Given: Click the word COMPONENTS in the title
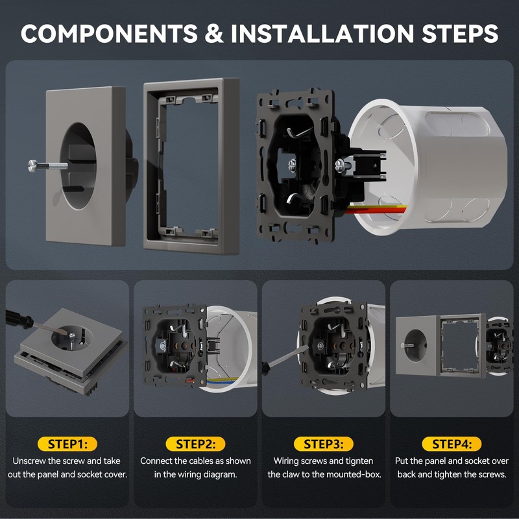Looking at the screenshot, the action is [109, 34].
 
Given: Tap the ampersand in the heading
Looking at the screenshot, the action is [214, 34].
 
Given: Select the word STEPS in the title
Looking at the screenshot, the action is [460, 34].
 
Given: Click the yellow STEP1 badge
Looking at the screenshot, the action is [67, 444].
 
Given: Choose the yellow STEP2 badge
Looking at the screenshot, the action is [195, 444].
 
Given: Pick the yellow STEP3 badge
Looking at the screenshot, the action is [323, 444].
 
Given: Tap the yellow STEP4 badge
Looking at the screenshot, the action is [452, 444].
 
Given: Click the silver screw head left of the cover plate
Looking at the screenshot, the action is [32, 165].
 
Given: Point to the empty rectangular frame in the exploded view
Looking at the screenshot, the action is [192, 167].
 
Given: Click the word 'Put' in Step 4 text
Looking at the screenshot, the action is [402, 461].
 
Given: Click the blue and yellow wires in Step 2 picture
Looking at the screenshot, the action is [223, 380].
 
